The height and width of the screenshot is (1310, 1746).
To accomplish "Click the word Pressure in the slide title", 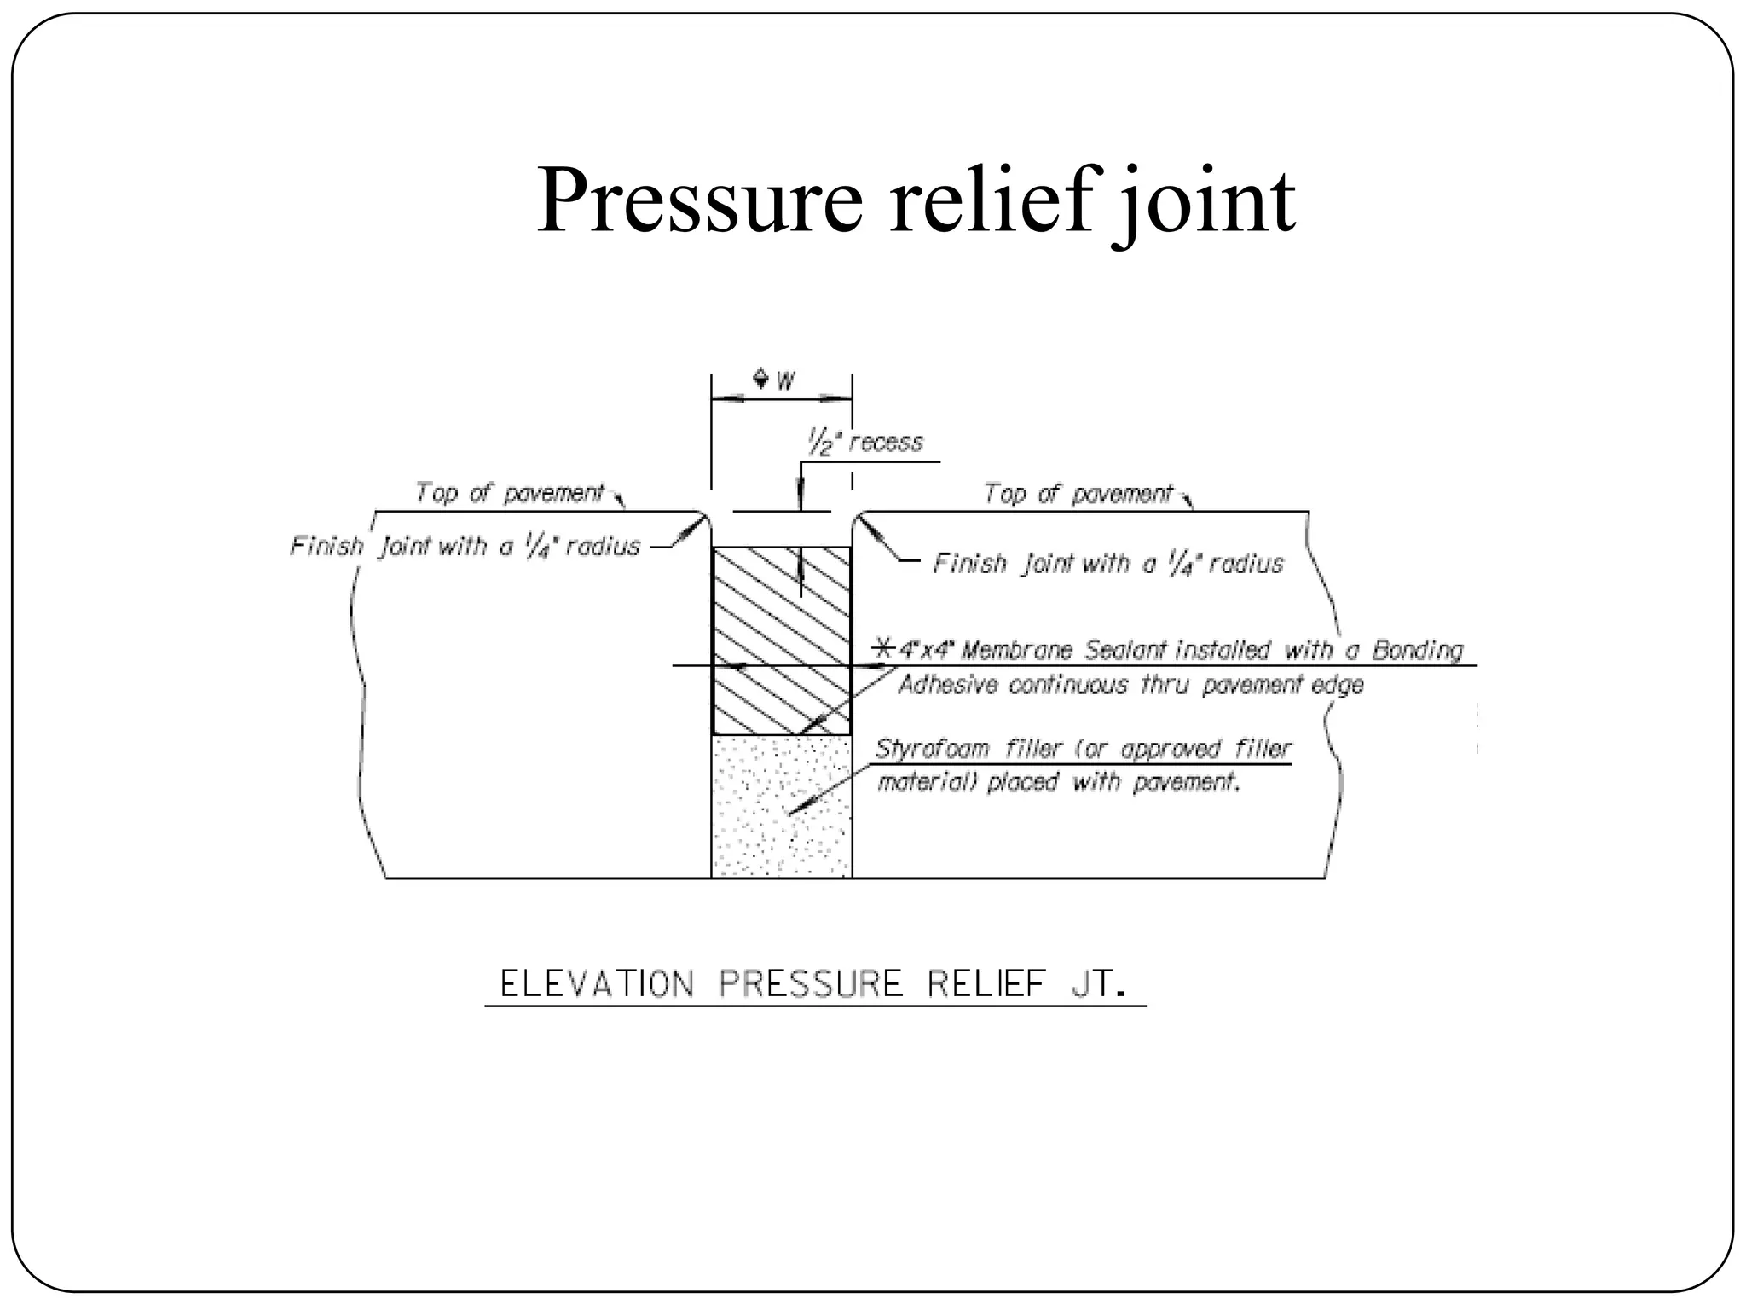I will click(699, 201).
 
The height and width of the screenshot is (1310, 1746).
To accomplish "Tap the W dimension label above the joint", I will click(785, 380).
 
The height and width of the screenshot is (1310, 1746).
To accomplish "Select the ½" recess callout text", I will click(864, 443).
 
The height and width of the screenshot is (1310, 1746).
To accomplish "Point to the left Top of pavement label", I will click(509, 493).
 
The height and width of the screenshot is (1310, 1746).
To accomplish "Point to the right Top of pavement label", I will click(1078, 494).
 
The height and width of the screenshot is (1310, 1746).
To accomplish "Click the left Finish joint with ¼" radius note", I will click(465, 546).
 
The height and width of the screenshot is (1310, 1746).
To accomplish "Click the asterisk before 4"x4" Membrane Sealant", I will click(886, 649).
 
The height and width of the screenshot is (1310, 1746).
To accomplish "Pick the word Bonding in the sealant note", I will click(1417, 650).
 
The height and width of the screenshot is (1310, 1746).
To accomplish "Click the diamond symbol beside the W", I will click(760, 378).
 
